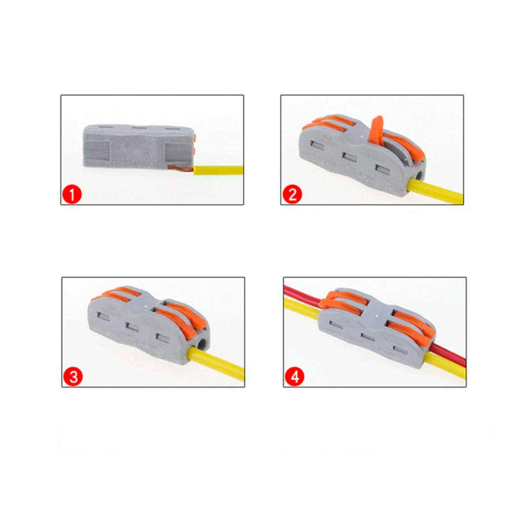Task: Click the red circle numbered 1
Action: [72, 195]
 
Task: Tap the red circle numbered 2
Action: [293, 194]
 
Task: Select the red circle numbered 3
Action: [73, 377]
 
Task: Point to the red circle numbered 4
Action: [295, 377]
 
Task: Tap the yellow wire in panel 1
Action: [219, 170]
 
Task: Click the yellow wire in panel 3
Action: [216, 364]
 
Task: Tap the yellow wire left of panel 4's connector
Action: [301, 308]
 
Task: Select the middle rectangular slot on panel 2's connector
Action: [349, 157]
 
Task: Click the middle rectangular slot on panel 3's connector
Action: [132, 327]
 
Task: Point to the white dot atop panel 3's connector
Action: [146, 305]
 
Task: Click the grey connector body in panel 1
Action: [139, 147]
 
